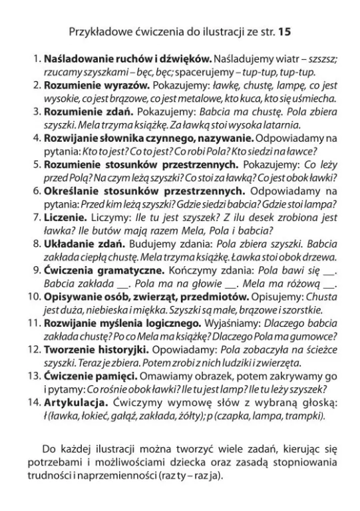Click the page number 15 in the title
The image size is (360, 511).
(285, 31)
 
